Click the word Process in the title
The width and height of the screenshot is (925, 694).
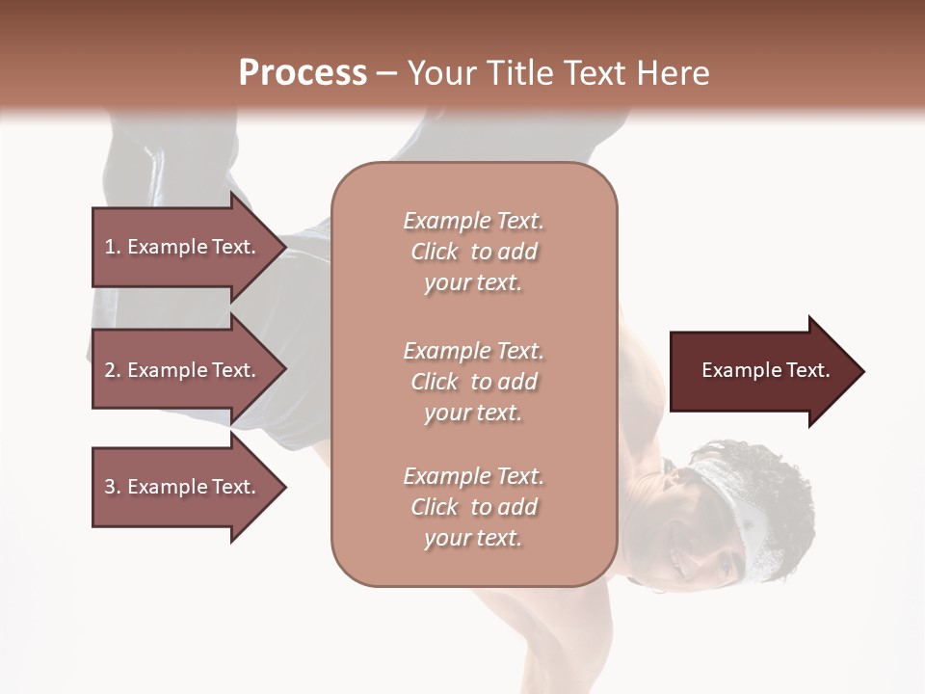pos(303,73)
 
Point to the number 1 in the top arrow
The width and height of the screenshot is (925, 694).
pos(110,247)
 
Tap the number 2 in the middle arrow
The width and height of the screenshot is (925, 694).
pos(110,370)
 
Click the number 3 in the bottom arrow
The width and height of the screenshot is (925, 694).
pos(110,487)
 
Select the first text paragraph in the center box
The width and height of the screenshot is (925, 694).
pos(473,252)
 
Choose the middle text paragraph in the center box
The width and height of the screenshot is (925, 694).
pos(473,382)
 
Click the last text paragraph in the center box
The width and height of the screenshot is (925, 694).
pos(473,507)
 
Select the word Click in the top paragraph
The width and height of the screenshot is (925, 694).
pos(435,252)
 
